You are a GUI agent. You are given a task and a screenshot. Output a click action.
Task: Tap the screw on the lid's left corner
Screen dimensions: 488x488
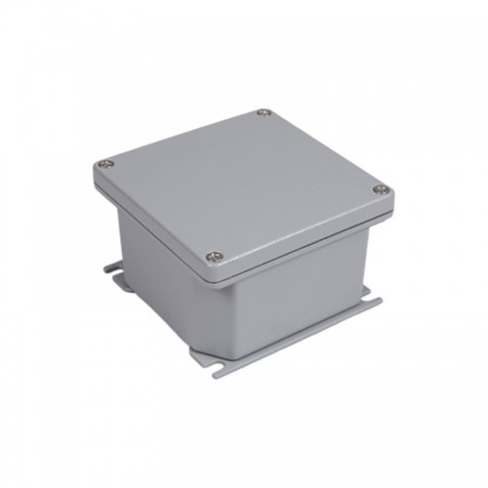click(105, 165)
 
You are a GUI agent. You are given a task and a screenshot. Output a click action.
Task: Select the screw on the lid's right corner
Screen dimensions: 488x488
click(382, 189)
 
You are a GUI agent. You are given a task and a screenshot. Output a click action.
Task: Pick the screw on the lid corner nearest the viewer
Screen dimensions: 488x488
click(216, 258)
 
